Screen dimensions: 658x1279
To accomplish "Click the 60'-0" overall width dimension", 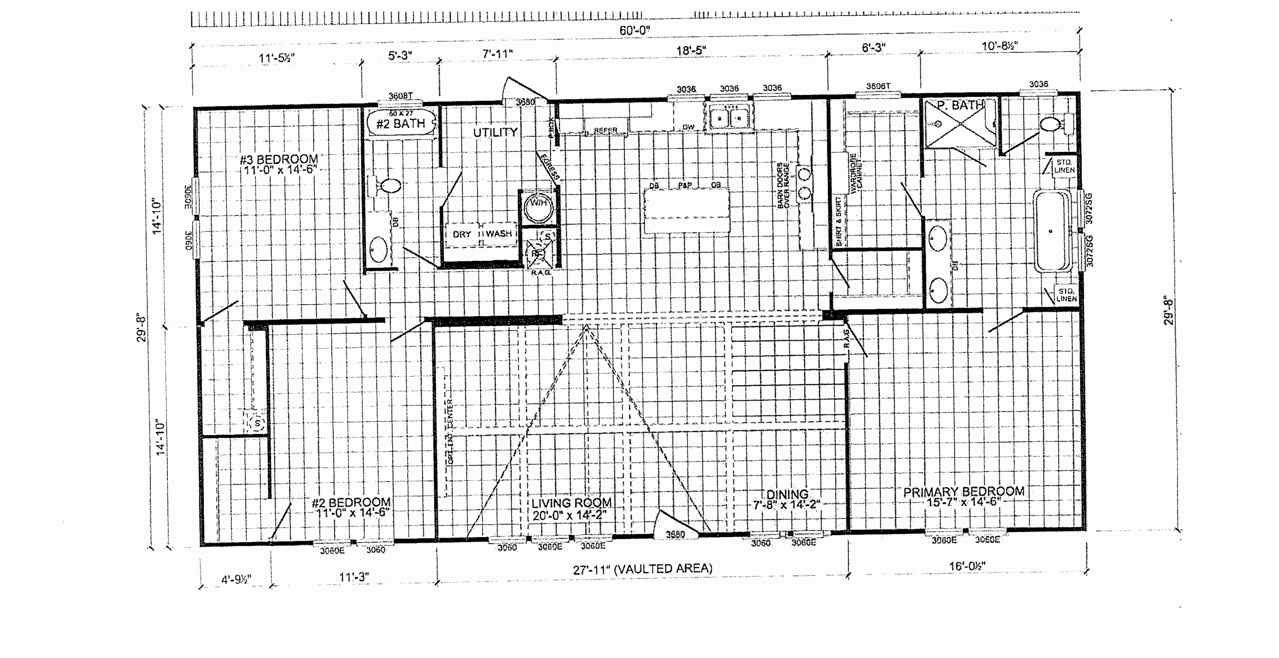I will (635, 30).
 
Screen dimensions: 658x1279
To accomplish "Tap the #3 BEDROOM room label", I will (279, 160).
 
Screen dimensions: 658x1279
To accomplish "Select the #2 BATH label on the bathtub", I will (401, 123).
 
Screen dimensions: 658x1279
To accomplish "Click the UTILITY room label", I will (495, 132).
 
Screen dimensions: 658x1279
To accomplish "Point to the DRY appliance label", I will (462, 234).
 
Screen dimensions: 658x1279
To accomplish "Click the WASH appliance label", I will (499, 233).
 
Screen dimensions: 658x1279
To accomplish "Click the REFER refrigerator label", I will (606, 130).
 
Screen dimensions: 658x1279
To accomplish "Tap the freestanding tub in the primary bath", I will (1052, 231).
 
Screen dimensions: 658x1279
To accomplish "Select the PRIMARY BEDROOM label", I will (963, 492).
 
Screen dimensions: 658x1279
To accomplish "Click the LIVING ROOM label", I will (571, 503).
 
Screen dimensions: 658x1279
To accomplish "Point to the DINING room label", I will (787, 495).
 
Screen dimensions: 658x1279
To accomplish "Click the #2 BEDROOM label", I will (351, 502).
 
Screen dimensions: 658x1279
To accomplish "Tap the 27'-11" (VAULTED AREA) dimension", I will (642, 569).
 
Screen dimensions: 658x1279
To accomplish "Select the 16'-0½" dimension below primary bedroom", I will (967, 566).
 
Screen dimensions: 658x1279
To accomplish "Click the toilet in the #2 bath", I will (387, 186).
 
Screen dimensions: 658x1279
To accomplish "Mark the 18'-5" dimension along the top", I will (691, 50).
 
